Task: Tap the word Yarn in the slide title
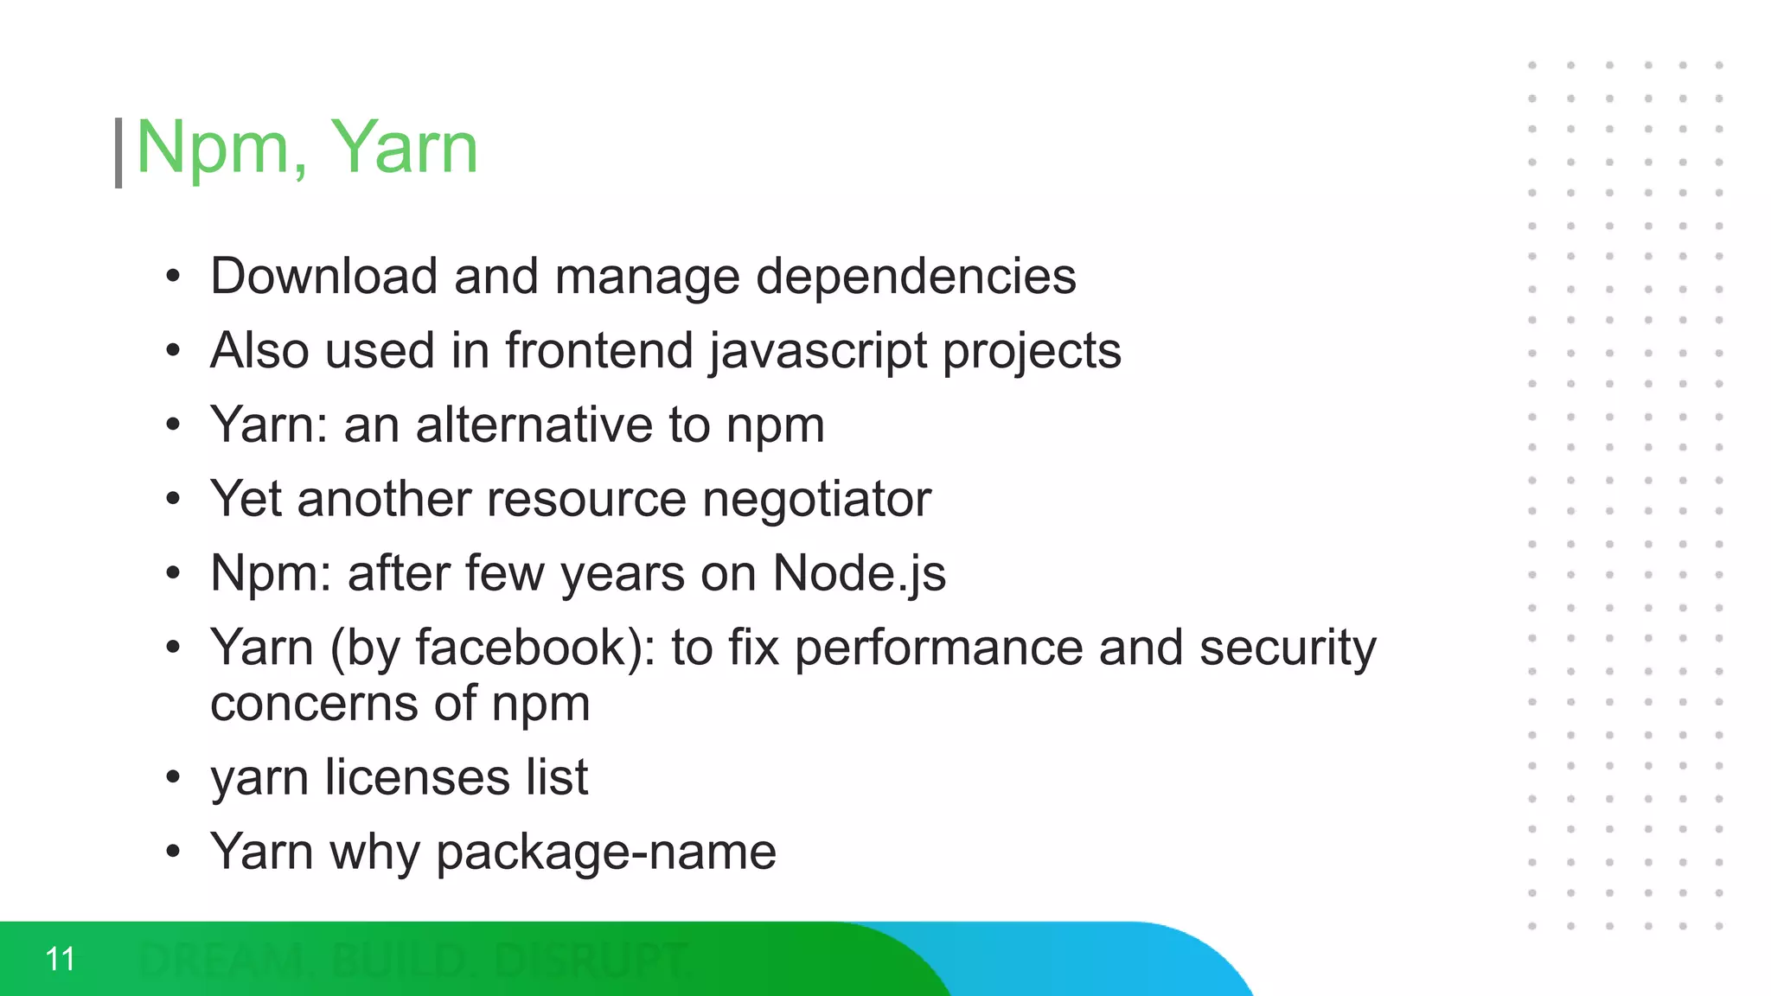coord(404,147)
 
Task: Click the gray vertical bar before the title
coord(118,153)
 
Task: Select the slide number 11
coord(61,959)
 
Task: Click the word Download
coord(323,277)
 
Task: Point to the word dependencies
coord(916,277)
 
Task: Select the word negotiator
coord(816,500)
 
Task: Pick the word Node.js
coord(859,574)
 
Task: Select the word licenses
coord(418,777)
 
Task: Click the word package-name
coord(606,853)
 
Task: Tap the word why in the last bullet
coord(374,853)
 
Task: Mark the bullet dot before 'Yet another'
coord(174,500)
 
